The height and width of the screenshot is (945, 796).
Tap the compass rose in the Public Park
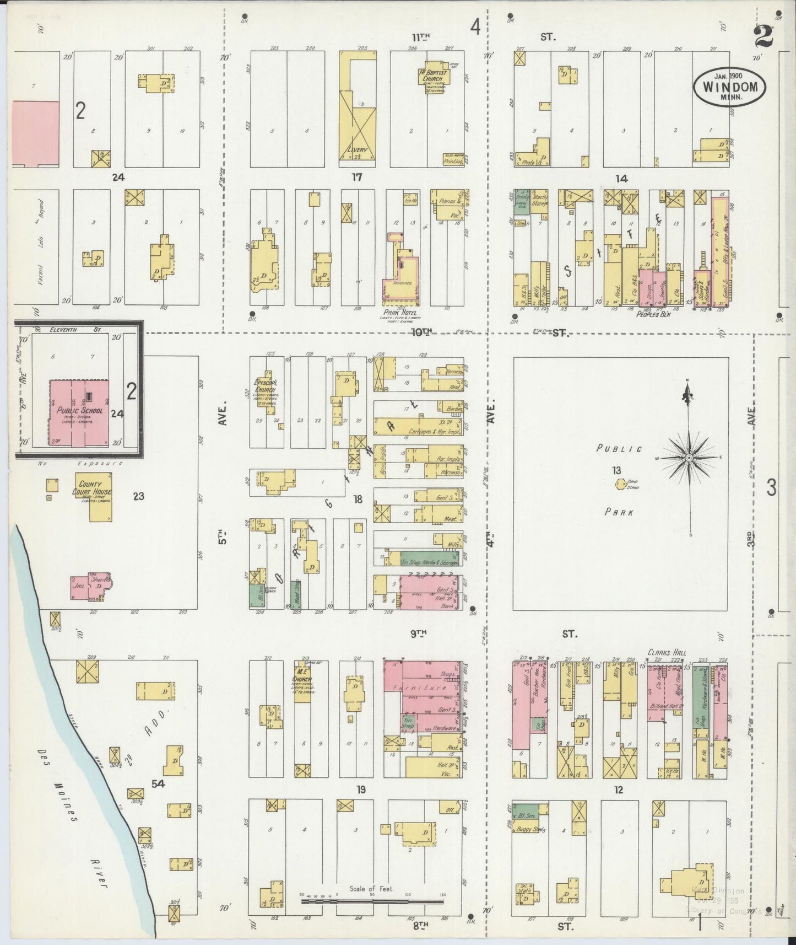pos(689,458)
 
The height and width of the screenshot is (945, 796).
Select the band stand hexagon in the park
pos(620,484)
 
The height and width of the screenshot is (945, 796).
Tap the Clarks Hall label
pos(667,652)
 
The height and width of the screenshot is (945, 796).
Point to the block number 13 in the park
pos(616,470)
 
